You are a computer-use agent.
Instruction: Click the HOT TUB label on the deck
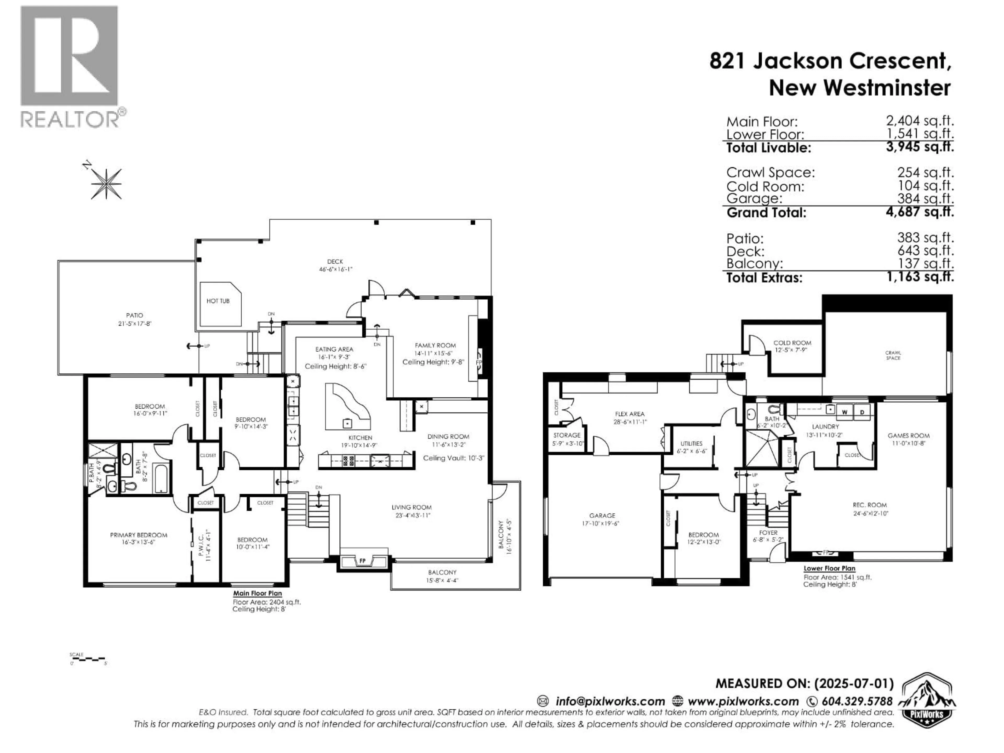click(218, 301)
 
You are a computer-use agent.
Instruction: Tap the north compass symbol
click(106, 183)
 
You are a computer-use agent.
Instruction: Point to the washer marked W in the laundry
click(845, 412)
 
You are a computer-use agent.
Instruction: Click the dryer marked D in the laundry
click(862, 412)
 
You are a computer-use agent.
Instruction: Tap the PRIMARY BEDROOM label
click(138, 535)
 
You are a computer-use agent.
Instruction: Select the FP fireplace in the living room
click(363, 561)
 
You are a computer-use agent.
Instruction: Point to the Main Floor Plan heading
click(257, 593)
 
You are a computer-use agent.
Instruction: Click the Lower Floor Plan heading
click(829, 568)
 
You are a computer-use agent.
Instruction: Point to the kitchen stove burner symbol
click(348, 461)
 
